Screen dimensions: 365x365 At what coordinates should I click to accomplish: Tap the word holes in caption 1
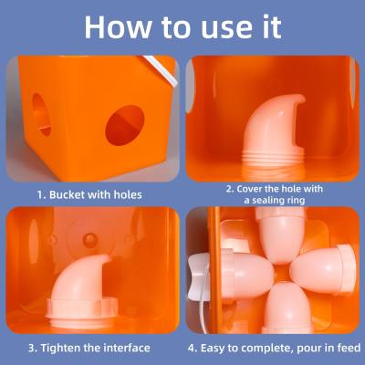(125, 194)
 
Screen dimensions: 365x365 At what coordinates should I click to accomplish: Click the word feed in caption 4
(347, 348)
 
